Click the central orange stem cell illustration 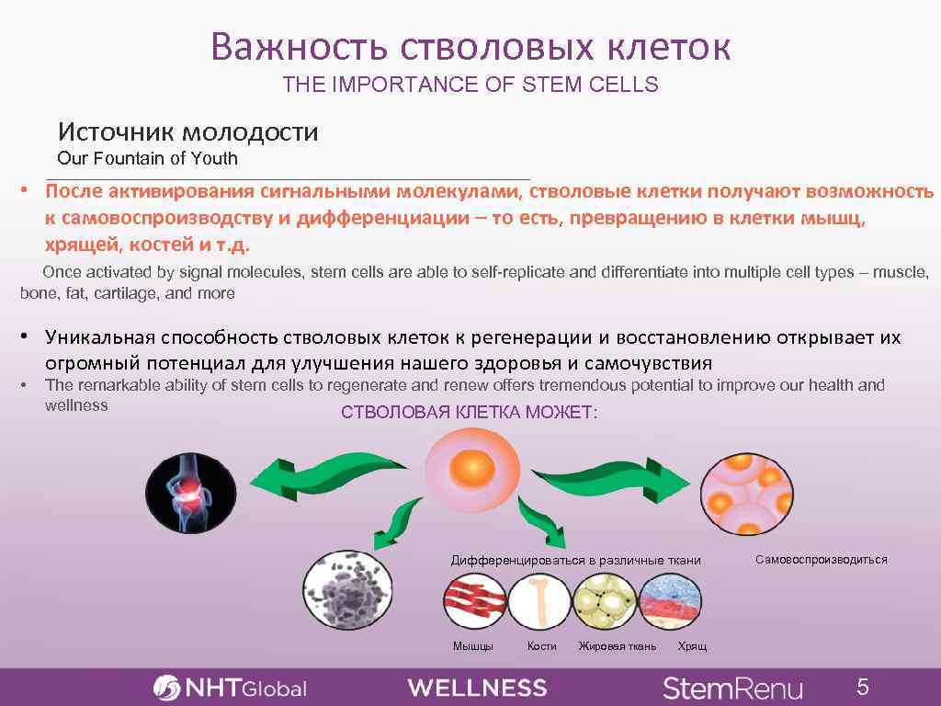coord(470,472)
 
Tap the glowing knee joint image coord(190,493)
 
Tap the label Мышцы coord(472,646)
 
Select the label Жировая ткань coord(617,646)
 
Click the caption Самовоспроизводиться coord(821,559)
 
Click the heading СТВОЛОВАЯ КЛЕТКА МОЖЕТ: coord(469,413)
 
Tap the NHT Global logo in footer coord(230,688)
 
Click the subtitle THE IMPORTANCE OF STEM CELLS coord(470,85)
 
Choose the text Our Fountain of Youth coord(147,158)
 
